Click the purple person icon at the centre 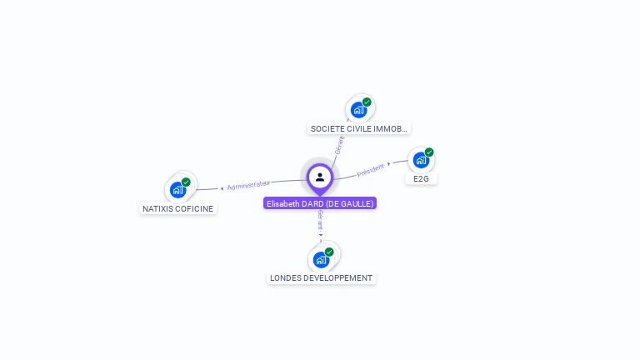(x=320, y=177)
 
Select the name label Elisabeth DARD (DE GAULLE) (x=320, y=203)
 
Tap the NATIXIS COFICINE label (x=177, y=208)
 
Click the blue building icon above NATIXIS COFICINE (x=177, y=189)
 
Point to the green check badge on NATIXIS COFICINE (x=186, y=182)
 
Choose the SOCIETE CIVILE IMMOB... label (x=359, y=129)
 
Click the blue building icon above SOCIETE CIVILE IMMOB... (x=358, y=109)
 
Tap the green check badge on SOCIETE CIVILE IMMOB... (x=367, y=102)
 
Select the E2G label (x=421, y=178)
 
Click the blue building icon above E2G (x=421, y=159)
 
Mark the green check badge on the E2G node (x=429, y=152)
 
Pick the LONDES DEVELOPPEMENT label (x=321, y=277)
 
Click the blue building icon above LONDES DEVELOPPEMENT (x=321, y=259)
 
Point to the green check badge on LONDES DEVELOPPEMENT (x=329, y=252)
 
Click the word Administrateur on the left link (x=248, y=184)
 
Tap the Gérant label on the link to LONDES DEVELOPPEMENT (x=321, y=221)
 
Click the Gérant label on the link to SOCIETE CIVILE (x=339, y=145)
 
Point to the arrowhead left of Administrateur (x=222, y=188)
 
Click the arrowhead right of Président (x=389, y=163)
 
